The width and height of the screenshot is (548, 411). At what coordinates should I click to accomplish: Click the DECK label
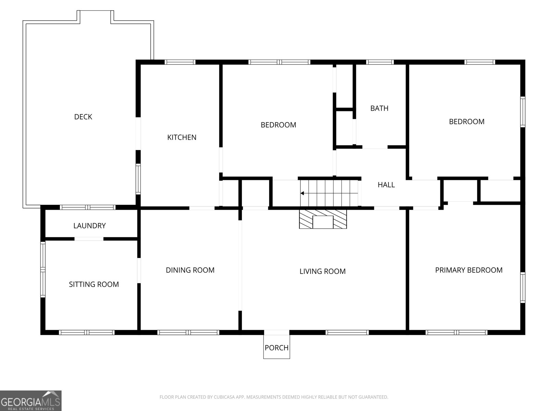83,117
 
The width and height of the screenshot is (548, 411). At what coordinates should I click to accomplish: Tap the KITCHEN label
182,137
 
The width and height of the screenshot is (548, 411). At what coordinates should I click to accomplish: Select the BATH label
379,108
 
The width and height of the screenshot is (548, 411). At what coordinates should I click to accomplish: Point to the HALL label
386,185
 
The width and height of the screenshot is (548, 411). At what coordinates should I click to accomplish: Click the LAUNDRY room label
89,226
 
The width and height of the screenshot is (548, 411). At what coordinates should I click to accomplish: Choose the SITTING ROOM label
94,284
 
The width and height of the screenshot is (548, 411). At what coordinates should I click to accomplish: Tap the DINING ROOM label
190,270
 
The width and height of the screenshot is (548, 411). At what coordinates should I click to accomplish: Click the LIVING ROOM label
323,271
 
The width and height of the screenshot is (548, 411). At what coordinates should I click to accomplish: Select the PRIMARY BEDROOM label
469,270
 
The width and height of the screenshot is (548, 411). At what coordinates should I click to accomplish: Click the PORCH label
276,348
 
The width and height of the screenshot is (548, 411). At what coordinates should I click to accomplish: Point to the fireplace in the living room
323,219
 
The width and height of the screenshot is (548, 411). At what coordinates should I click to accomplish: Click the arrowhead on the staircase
302,193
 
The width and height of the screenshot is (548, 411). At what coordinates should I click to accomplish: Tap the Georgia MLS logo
31,400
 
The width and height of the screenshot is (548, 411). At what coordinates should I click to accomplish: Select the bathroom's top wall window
380,62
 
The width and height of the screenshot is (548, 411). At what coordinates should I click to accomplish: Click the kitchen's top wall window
180,62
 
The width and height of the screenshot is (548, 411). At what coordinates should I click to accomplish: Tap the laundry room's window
88,207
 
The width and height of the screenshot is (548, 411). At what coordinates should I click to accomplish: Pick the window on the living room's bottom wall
347,332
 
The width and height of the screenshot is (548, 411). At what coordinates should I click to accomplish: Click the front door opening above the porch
277,332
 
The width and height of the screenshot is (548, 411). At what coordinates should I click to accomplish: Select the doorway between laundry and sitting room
89,239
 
